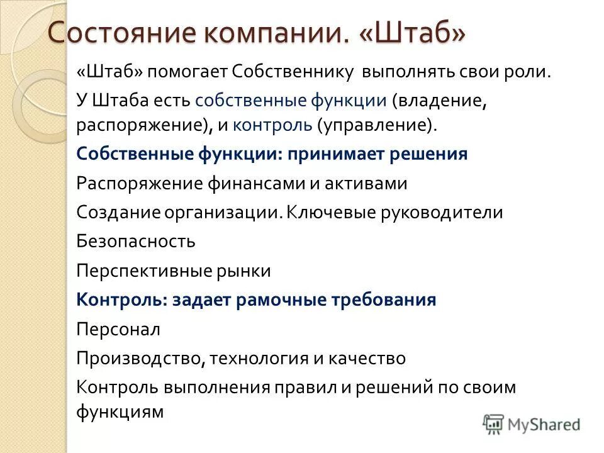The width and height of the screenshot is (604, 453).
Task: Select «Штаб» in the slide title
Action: (x=413, y=33)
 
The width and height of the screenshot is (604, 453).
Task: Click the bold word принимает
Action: (x=340, y=154)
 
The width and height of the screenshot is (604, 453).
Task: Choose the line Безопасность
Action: (x=136, y=241)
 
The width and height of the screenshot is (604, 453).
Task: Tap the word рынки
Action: (x=247, y=271)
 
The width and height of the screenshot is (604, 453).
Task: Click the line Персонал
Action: (x=118, y=329)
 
